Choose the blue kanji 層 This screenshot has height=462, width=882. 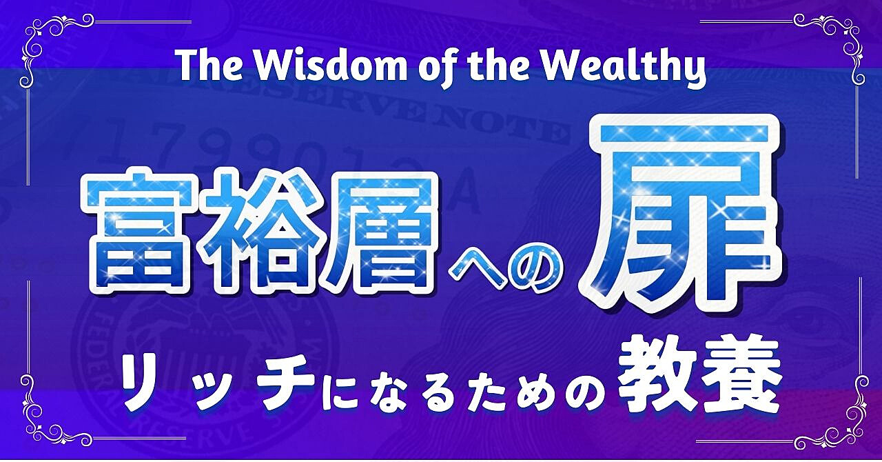click(x=379, y=233)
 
